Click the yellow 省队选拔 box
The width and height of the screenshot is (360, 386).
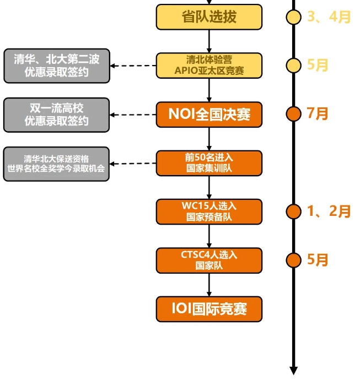209,17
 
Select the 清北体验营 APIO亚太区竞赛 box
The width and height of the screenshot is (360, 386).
209,65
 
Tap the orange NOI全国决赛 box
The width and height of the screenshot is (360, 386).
209,115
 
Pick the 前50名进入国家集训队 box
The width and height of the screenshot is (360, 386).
209,163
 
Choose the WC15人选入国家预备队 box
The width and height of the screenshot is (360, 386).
209,211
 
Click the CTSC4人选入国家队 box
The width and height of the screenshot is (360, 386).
209,260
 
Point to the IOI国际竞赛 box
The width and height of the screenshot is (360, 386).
209,309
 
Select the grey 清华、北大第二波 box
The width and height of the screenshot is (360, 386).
57,66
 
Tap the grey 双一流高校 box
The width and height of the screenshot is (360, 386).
57,115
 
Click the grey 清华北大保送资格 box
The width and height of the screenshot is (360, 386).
57,164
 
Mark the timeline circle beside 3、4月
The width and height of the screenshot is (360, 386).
293,17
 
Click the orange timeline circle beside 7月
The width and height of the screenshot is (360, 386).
293,114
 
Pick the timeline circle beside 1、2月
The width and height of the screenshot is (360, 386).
293,211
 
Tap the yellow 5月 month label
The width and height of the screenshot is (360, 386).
318,65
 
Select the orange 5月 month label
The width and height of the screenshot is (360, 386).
318,259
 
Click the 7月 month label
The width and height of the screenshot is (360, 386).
318,114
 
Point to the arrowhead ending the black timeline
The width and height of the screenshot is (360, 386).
293,370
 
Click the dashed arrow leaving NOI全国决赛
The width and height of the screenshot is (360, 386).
133,115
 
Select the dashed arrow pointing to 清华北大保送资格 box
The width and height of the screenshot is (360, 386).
133,164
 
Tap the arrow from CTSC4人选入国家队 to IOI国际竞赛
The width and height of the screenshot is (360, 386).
209,285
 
